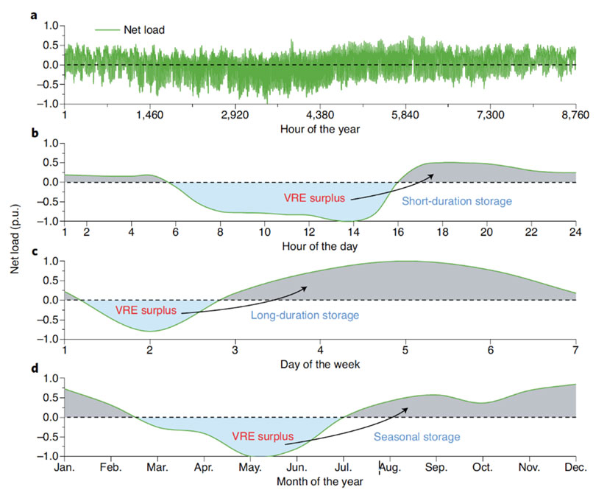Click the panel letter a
click(x=34, y=13)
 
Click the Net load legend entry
click(x=129, y=29)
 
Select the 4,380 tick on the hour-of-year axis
click(x=319, y=116)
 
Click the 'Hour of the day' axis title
click(x=320, y=245)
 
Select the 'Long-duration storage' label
click(x=305, y=315)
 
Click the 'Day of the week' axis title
click(x=320, y=362)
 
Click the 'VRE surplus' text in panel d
click(x=259, y=436)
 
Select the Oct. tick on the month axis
click(x=482, y=468)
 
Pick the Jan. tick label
click(x=65, y=468)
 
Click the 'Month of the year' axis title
click(x=320, y=482)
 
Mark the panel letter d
click(x=34, y=367)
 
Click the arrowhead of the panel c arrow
click(x=306, y=288)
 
